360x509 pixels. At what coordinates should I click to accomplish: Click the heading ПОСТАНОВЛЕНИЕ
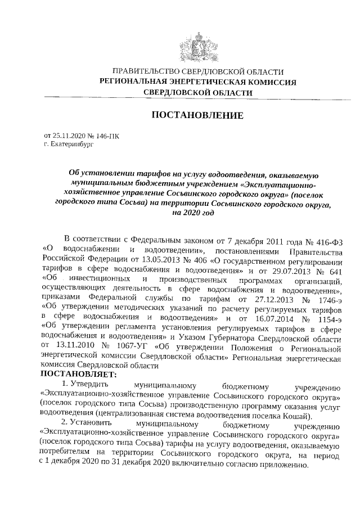[x=197, y=115]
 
